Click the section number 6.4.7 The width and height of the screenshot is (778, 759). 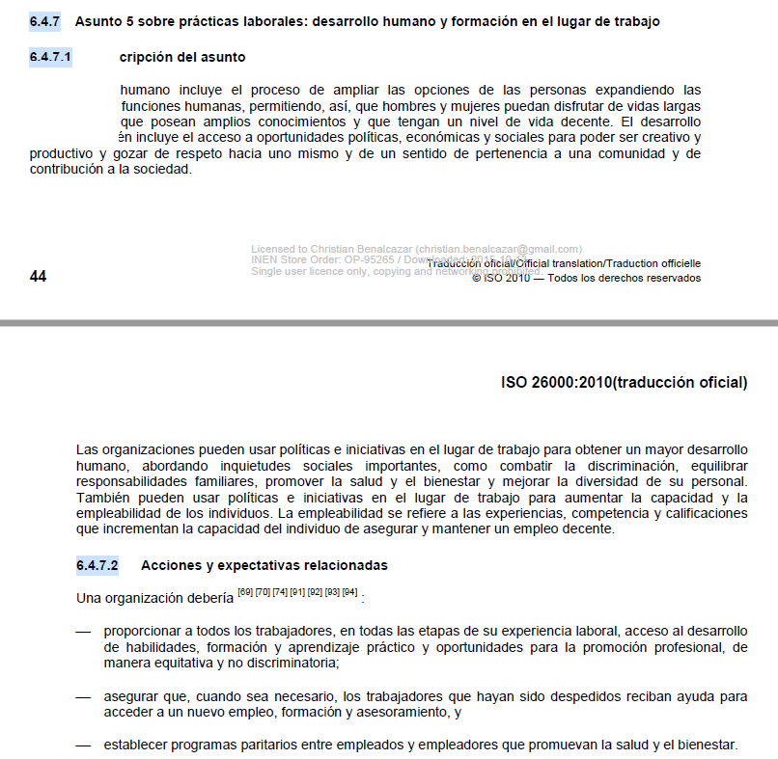pos(44,21)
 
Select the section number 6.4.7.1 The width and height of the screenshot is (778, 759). pos(51,58)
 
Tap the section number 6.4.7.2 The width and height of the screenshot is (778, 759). pos(97,564)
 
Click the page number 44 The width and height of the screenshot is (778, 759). pos(38,276)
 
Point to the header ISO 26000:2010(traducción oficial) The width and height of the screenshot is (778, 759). pos(624,383)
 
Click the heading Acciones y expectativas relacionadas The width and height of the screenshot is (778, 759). pos(264,564)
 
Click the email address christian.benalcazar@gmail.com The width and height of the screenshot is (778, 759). pos(505,248)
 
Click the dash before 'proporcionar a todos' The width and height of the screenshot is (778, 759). pos(83,632)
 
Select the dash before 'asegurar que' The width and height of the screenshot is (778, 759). pos(83,696)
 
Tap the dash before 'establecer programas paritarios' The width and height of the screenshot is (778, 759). pos(83,745)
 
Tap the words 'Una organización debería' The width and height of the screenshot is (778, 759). pos(154,598)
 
